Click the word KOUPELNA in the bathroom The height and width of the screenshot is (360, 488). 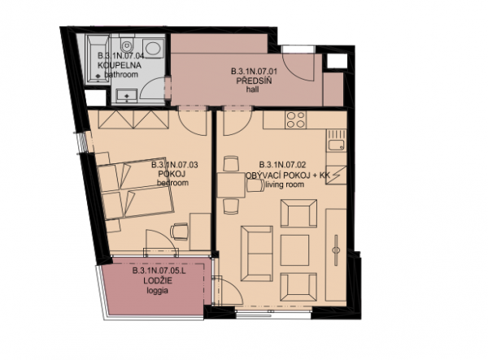(120, 66)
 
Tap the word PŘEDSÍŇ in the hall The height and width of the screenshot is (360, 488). (254, 81)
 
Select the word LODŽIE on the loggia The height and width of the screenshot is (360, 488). (158, 280)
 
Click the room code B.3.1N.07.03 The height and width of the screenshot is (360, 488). (174, 165)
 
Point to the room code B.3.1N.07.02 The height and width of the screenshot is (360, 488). (282, 164)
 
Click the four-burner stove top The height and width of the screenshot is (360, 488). (296, 119)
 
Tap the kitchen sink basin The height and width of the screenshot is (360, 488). (337, 145)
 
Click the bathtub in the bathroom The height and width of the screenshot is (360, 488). (98, 59)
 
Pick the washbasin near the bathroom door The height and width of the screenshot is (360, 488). (127, 95)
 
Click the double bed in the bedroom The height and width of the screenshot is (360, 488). (134, 190)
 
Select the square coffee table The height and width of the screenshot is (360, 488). (294, 250)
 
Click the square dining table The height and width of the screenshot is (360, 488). (231, 185)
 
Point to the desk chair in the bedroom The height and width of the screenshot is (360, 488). (180, 231)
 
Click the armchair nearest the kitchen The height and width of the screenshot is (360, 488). (298, 213)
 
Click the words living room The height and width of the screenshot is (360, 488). (284, 184)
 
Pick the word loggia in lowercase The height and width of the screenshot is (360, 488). (158, 291)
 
